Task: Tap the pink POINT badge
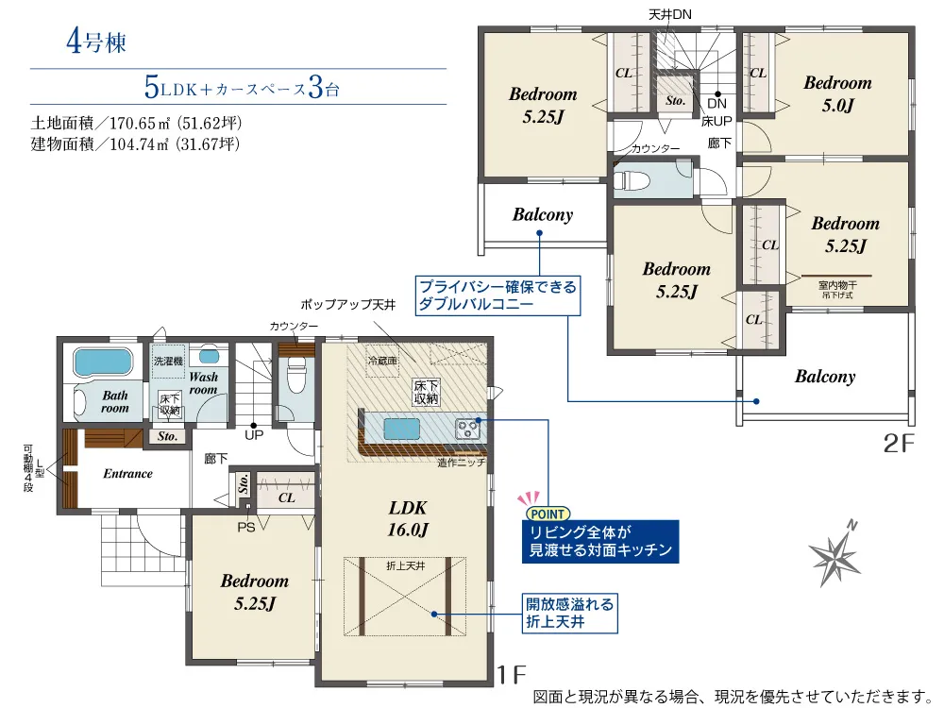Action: tap(548, 514)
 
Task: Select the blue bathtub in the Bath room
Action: tap(102, 363)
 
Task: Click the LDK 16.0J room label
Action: tap(408, 518)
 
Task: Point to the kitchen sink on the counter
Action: tap(401, 429)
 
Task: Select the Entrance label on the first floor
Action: tap(127, 474)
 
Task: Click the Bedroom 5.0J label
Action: tap(837, 93)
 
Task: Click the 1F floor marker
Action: tap(511, 674)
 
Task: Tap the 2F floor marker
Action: tap(899, 443)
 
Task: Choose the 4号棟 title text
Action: tap(96, 42)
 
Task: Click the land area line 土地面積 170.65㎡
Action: tap(137, 124)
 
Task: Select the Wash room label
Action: tap(204, 383)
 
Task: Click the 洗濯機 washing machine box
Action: tap(168, 361)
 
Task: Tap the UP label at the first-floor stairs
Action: tap(254, 434)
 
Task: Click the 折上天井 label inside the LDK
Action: tap(406, 565)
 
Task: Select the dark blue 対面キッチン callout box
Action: tap(600, 541)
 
